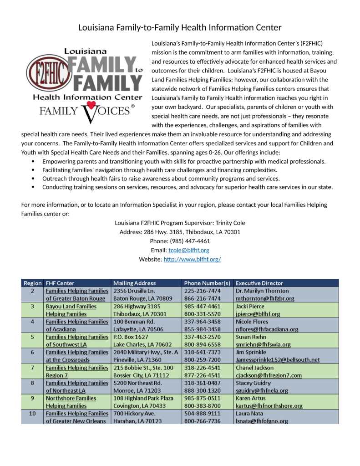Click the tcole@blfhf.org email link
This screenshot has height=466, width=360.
pyautogui.click(x=189, y=250)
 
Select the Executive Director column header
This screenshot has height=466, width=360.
pyautogui.click(x=259, y=283)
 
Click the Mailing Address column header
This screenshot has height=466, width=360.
pyautogui.click(x=134, y=283)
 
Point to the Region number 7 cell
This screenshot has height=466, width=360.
pyautogui.click(x=32, y=368)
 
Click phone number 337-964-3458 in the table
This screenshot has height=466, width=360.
pyautogui.click(x=202, y=322)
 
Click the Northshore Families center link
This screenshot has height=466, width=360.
pyautogui.click(x=71, y=398)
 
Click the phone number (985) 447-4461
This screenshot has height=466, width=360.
pyautogui.click(x=180, y=241)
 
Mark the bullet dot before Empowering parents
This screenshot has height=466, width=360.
pyautogui.click(x=33, y=161)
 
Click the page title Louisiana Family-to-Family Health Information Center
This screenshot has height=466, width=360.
pyautogui.click(x=180, y=27)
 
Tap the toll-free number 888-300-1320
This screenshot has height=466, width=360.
pyautogui.click(x=202, y=390)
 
